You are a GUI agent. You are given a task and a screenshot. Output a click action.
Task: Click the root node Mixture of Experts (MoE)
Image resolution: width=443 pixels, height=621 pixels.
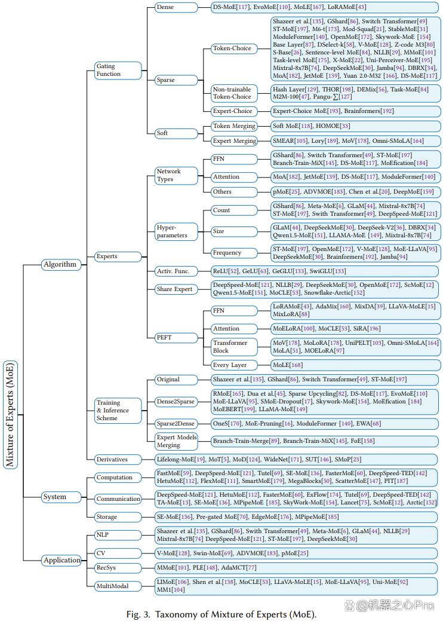click(x=10, y=415)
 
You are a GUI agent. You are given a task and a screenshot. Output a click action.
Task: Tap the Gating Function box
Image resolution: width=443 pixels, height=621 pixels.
click(x=118, y=71)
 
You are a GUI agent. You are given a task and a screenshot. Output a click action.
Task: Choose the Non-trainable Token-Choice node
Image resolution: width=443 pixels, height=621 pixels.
click(x=234, y=93)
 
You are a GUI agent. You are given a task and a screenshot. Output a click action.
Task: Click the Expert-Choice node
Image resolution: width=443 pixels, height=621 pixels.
click(x=234, y=111)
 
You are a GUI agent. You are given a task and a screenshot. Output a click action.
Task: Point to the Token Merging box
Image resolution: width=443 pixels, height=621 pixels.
click(x=234, y=126)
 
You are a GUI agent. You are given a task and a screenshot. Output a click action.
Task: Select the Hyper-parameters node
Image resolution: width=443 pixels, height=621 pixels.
click(x=176, y=232)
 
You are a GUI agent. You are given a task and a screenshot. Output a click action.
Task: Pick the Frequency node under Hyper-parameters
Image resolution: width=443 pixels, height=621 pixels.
click(x=234, y=253)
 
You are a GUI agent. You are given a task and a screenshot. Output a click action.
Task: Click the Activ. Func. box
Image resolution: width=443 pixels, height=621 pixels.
click(x=176, y=271)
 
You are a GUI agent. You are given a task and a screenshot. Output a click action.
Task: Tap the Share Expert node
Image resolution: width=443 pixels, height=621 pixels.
click(x=176, y=289)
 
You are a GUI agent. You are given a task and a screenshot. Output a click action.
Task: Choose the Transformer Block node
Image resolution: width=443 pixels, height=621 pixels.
click(x=234, y=347)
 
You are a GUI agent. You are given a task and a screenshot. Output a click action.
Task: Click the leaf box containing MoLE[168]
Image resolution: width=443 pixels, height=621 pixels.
click(x=356, y=365)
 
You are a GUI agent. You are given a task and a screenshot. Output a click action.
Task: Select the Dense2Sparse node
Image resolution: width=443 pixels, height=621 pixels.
click(x=176, y=402)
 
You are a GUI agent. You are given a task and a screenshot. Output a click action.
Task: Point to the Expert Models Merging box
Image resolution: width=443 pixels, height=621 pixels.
click(x=176, y=441)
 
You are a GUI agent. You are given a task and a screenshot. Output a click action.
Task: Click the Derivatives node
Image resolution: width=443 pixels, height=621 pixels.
click(x=118, y=460)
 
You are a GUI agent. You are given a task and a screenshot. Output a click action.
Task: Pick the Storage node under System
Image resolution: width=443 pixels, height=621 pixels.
click(x=118, y=517)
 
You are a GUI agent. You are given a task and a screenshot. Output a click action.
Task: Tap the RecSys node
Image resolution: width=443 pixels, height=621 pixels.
click(x=118, y=568)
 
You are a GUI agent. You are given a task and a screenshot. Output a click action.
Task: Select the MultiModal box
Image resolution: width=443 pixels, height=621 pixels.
click(x=118, y=586)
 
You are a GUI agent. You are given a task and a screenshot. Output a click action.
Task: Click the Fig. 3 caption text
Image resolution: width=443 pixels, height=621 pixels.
click(x=221, y=614)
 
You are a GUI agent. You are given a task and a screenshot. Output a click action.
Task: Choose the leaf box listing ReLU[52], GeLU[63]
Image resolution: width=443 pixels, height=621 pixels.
click(x=324, y=271)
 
